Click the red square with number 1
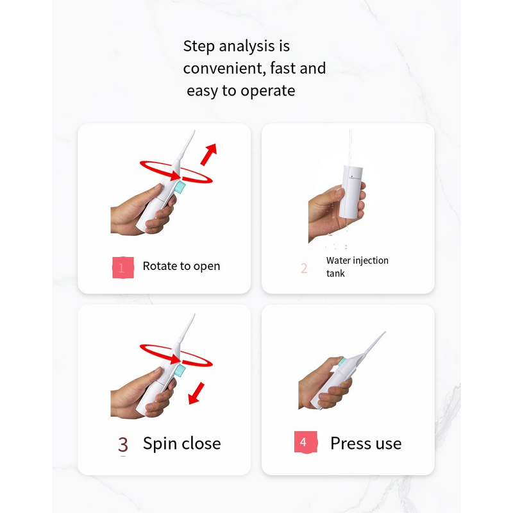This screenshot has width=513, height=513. [123, 267]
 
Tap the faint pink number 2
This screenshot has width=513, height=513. [304, 268]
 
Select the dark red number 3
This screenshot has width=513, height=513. [123, 444]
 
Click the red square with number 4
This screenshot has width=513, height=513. [306, 442]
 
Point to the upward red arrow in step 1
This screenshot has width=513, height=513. [208, 155]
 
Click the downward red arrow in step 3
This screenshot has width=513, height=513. [196, 393]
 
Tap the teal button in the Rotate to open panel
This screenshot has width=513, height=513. [180, 187]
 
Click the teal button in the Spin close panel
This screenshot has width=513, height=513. [180, 371]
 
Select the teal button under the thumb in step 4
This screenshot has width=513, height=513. [341, 362]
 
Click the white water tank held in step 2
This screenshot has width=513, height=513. [351, 192]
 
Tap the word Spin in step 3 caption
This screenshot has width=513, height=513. [160, 444]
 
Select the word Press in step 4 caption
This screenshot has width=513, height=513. [350, 443]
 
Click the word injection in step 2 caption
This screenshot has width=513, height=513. [371, 261]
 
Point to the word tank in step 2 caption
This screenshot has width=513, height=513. [335, 273]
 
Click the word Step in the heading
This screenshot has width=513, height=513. [199, 46]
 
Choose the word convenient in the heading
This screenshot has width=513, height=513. [224, 69]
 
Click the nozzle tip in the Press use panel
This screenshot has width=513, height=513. [385, 332]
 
